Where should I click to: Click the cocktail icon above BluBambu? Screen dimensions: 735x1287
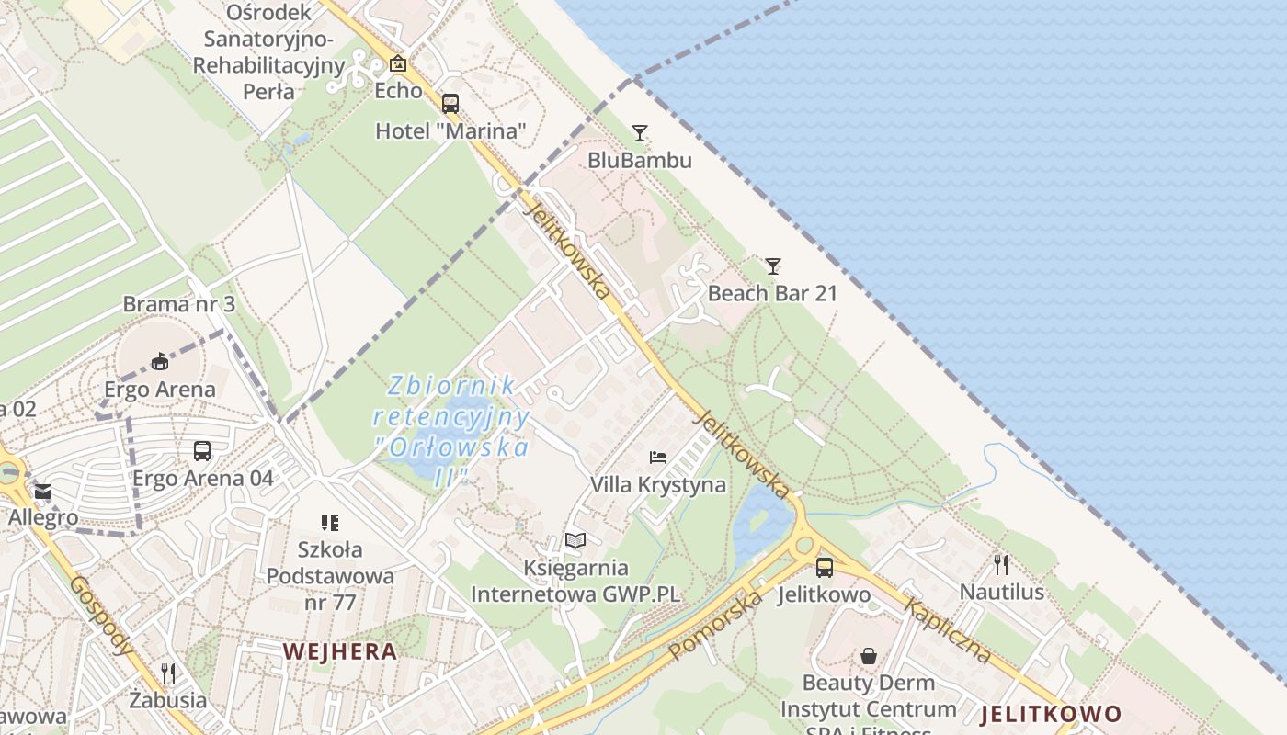coord(640,133)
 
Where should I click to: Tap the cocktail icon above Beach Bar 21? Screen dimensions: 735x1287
coord(773,266)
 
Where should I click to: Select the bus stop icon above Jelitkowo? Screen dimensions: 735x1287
coord(824,567)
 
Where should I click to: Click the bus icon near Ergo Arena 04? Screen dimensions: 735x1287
coord(202,451)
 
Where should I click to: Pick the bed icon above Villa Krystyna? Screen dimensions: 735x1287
coord(658,457)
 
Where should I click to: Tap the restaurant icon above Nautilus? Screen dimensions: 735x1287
coord(1001,564)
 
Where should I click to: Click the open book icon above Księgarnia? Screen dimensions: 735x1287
coord(575,540)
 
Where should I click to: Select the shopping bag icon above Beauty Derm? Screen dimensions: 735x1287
coord(868,656)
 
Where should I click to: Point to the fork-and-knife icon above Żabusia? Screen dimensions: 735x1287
coord(167,673)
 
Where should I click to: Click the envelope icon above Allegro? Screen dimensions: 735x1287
coord(43,492)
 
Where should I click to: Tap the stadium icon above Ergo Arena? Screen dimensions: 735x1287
coord(160,361)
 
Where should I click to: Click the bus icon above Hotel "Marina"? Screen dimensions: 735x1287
coord(450,104)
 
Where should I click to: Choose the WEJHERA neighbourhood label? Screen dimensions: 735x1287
coord(340,651)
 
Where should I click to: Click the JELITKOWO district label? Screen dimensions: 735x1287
coord(1051,714)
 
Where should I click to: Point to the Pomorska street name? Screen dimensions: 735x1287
coord(715,625)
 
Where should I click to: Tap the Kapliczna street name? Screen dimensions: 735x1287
coord(948,630)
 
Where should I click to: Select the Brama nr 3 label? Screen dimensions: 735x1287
coord(179,304)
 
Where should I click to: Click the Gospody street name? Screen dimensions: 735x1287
coord(101,616)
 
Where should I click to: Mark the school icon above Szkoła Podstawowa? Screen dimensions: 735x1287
coord(330,523)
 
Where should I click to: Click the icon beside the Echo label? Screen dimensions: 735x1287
coord(398,63)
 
